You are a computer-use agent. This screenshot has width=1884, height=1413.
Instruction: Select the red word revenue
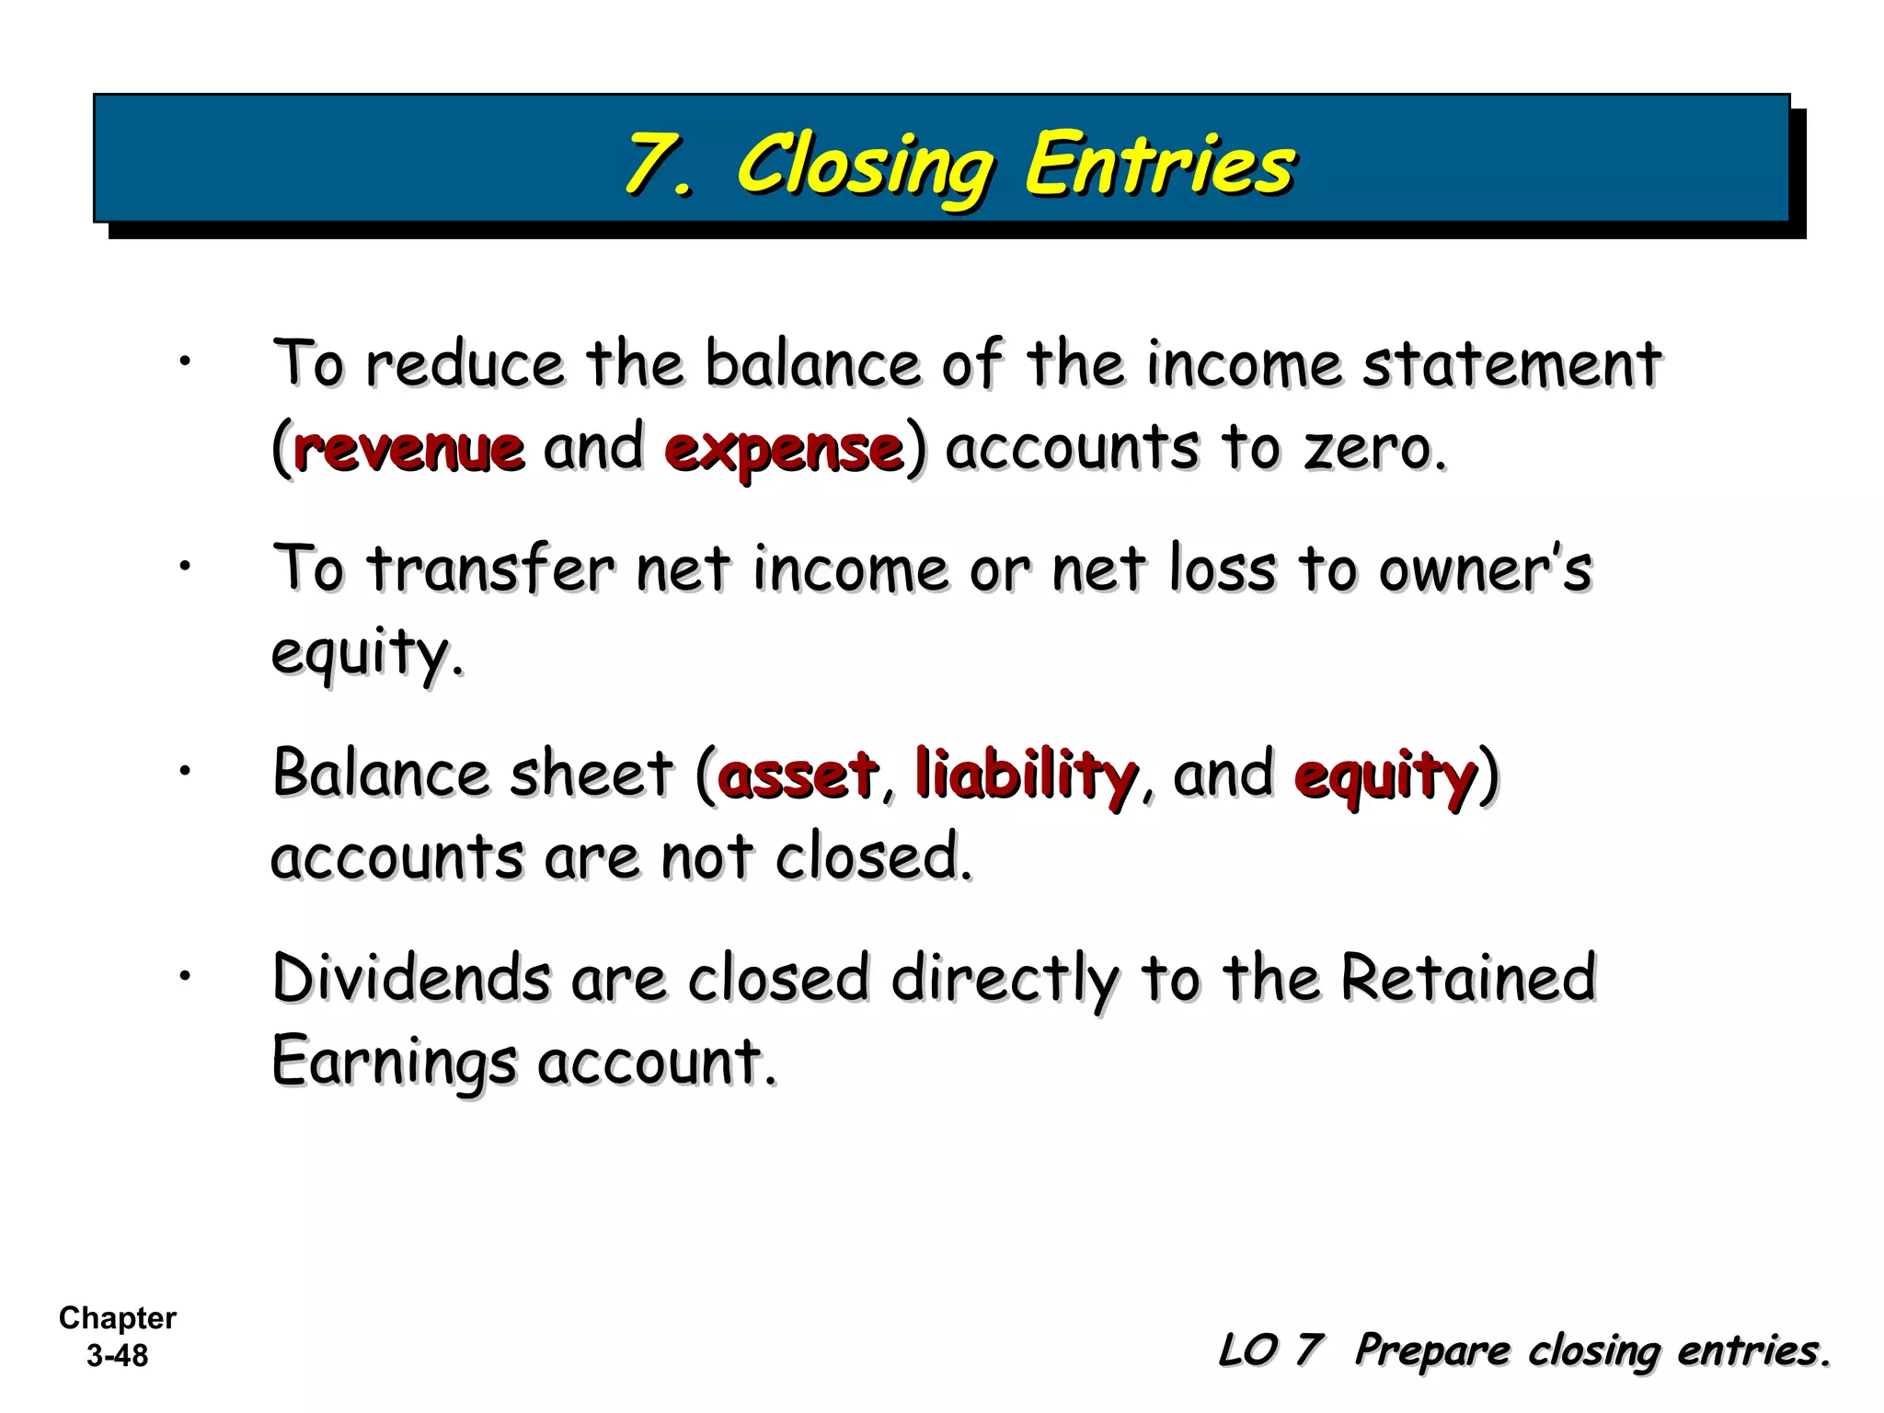pyautogui.click(x=409, y=449)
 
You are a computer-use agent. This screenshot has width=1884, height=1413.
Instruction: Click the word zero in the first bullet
pyautogui.click(x=1373, y=449)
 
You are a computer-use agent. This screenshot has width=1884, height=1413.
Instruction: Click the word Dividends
pyautogui.click(x=411, y=978)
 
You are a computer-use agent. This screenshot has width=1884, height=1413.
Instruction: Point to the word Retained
pyautogui.click(x=1468, y=978)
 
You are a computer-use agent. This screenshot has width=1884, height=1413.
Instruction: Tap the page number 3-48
pyautogui.click(x=118, y=1356)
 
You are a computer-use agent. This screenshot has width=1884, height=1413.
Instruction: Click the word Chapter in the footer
pyautogui.click(x=118, y=1318)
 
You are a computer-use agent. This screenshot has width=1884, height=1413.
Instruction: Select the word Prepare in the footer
pyautogui.click(x=1432, y=1351)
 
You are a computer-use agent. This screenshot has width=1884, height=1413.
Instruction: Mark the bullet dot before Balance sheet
pyautogui.click(x=185, y=770)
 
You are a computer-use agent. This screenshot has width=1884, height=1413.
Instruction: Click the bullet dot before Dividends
pyautogui.click(x=185, y=975)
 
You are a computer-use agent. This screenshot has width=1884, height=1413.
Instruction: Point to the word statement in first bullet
pyautogui.click(x=1511, y=364)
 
